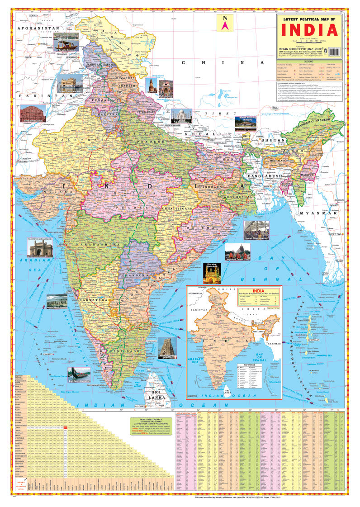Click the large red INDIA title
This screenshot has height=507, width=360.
click(x=309, y=30)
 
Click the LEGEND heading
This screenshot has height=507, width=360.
click(x=308, y=61)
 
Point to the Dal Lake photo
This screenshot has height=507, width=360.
click(x=66, y=41)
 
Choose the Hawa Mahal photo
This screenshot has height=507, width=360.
click(x=33, y=114)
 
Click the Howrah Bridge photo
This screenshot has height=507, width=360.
click(x=256, y=230)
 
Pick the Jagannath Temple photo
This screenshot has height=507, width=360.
click(x=237, y=252)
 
